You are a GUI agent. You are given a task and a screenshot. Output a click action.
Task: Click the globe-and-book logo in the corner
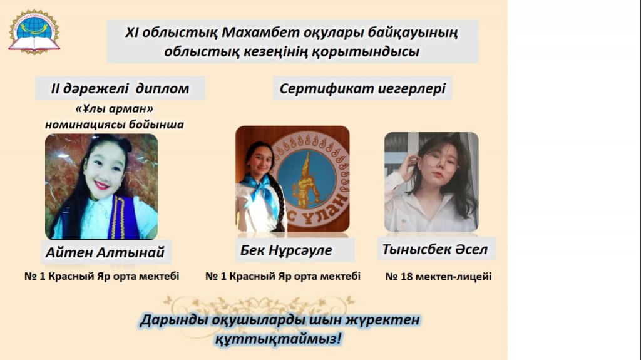click(34, 32)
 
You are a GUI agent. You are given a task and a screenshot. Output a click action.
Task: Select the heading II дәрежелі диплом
click(120, 88)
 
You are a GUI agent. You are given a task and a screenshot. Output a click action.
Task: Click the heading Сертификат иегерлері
click(362, 88)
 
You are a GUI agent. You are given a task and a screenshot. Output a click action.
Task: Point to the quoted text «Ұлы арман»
click(115, 109)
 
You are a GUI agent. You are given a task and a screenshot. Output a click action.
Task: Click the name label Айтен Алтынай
click(105, 252)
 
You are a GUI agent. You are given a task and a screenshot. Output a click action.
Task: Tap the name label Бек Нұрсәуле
click(286, 250)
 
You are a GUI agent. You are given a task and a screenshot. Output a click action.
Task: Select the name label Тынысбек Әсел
click(435, 249)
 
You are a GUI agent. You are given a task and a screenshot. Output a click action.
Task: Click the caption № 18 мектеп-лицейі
click(438, 277)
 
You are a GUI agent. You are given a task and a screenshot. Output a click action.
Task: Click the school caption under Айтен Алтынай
click(102, 277)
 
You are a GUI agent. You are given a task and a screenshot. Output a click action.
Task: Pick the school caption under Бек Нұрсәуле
click(283, 277)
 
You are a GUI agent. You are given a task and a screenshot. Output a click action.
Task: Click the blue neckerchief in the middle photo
click(261, 190)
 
